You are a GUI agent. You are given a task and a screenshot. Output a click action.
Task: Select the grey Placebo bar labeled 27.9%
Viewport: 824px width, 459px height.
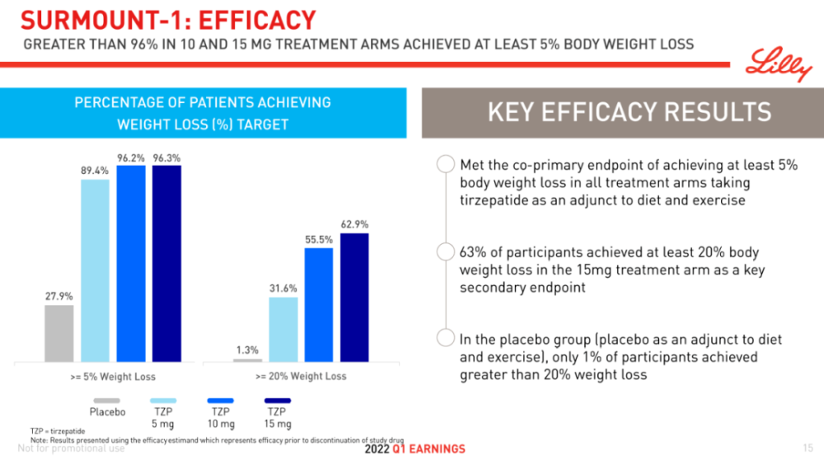point(59,333)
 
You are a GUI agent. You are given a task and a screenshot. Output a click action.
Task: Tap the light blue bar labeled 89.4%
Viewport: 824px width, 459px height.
point(95,270)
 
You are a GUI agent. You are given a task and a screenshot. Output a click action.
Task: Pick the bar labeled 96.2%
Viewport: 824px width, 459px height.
point(130,264)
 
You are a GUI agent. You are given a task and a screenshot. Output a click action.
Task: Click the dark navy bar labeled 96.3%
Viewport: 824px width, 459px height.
point(166,264)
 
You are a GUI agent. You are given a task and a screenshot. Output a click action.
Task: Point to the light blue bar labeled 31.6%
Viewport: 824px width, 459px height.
point(283,329)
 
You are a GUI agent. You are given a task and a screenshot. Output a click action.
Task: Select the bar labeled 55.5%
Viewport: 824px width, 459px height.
point(319,304)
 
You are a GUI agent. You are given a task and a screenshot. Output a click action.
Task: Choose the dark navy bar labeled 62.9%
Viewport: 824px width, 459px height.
point(355,297)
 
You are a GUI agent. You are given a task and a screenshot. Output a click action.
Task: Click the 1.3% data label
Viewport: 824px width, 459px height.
point(247,349)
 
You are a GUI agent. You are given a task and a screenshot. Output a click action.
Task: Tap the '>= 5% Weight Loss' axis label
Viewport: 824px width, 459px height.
point(112,377)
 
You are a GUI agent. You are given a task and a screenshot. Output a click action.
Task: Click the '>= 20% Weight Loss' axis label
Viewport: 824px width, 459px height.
point(301,377)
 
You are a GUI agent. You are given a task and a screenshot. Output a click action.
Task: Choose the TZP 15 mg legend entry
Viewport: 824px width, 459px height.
point(278,411)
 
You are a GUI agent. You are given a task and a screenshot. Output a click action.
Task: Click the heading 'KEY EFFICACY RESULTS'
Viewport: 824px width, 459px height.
point(629,112)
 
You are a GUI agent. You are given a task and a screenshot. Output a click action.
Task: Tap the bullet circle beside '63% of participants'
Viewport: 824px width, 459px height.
point(446,251)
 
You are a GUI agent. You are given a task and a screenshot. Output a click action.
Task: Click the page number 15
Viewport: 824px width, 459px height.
point(808,447)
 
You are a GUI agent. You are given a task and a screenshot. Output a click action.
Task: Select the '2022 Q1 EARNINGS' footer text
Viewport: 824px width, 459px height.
point(414,449)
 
